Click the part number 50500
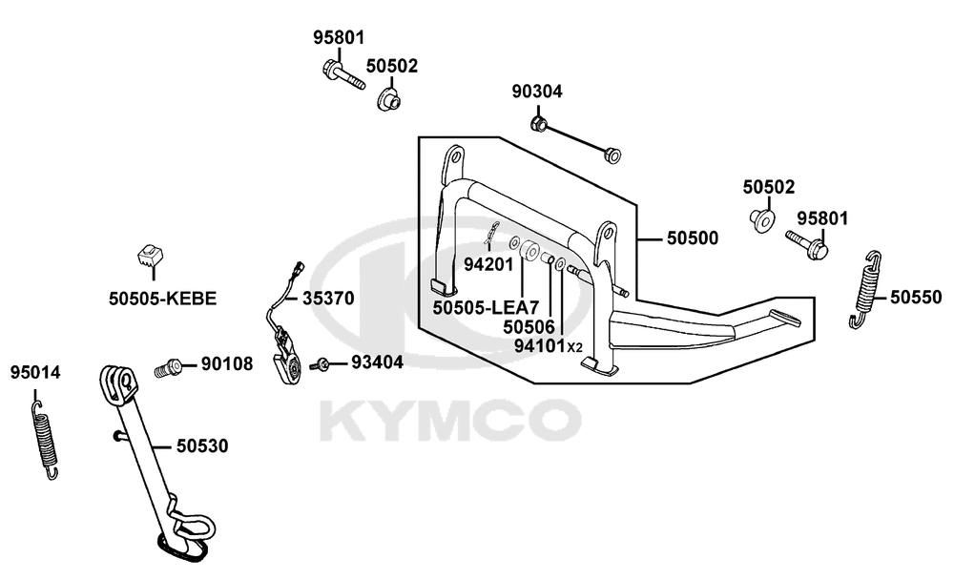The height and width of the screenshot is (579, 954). click(693, 238)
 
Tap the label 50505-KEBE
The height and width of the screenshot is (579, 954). click(162, 299)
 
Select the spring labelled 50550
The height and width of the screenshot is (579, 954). click(866, 290)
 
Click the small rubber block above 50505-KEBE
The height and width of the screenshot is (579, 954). click(151, 256)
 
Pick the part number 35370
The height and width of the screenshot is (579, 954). click(328, 299)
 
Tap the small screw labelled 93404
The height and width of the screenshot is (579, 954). click(320, 364)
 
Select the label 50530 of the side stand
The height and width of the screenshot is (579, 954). click(202, 445)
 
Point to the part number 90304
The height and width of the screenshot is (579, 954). click(537, 92)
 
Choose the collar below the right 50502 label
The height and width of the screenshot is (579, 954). click(761, 219)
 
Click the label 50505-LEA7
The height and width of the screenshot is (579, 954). click(486, 307)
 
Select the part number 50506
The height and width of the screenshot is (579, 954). click(529, 327)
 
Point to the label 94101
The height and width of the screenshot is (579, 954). click(540, 345)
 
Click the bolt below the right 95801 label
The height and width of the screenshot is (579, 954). click(808, 244)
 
